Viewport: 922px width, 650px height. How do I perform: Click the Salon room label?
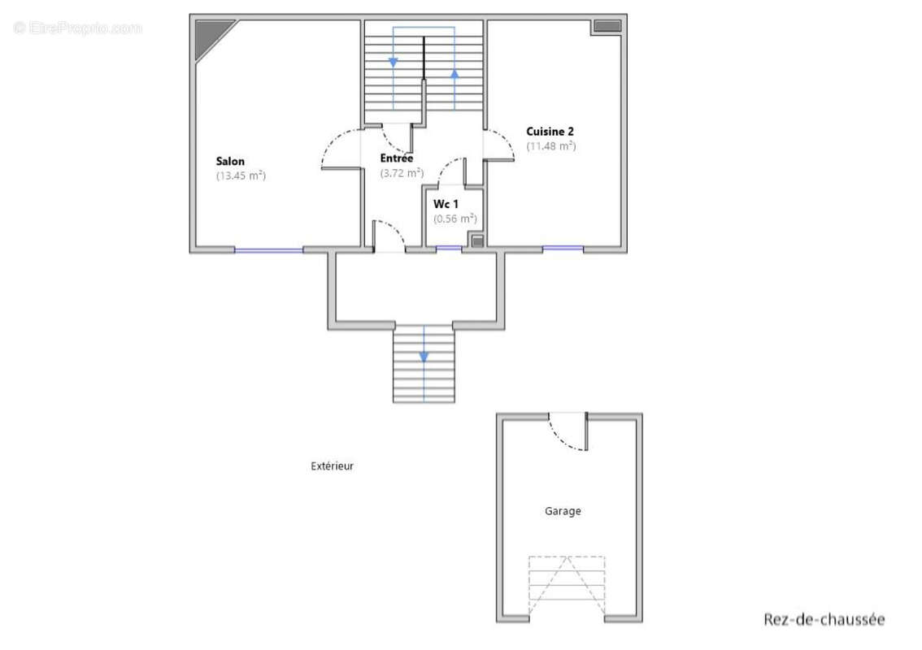(230, 161)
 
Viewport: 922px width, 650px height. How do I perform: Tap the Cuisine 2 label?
(550, 132)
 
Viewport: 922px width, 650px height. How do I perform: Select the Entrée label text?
(396, 158)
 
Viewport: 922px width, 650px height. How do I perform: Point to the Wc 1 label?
(446, 204)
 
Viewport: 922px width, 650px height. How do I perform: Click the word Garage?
(563, 511)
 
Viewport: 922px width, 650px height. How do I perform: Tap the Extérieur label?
(333, 466)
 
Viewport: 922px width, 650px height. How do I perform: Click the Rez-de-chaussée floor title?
(824, 619)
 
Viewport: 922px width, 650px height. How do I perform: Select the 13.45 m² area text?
(241, 175)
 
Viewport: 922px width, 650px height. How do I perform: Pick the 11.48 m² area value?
(551, 146)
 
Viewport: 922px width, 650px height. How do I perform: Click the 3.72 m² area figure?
(402, 173)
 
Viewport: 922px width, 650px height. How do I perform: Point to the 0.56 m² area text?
(455, 219)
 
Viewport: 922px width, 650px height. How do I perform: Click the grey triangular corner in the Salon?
(209, 34)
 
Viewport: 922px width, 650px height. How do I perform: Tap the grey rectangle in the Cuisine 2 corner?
(607, 26)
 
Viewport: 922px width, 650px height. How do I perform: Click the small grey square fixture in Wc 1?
(477, 241)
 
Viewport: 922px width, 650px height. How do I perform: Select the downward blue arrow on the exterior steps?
(424, 357)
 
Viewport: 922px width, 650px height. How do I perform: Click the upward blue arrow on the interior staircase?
(454, 74)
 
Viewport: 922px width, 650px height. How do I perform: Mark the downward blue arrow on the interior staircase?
(394, 62)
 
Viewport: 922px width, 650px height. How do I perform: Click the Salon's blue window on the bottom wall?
(269, 250)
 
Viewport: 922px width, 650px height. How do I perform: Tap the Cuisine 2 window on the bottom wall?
(563, 249)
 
